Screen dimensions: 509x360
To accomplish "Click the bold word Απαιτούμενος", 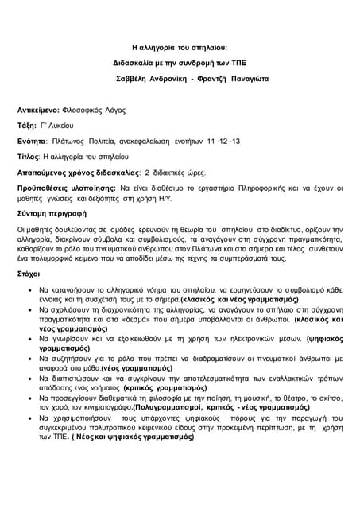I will coord(47,172).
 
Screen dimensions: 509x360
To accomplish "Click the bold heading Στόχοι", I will coord(29,273).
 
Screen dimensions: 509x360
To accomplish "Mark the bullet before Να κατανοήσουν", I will coord(30,290).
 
